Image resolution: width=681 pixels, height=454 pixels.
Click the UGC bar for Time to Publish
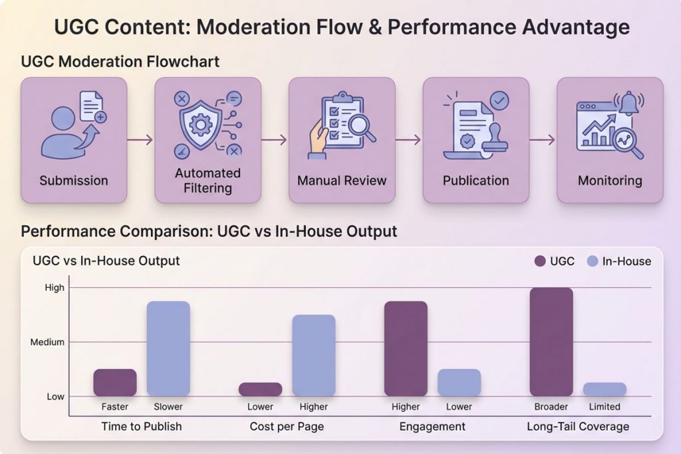point(114,383)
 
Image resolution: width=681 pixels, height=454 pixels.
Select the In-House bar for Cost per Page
point(314,356)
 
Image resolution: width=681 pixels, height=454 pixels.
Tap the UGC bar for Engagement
point(406,349)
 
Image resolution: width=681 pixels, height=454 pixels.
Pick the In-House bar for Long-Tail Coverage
point(605,390)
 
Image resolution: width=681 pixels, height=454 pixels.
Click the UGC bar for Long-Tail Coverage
point(551,342)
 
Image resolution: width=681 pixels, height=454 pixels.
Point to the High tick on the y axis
point(55,288)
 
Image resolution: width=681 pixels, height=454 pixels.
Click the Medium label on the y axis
point(47,342)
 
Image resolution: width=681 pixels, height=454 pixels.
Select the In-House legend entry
point(619,261)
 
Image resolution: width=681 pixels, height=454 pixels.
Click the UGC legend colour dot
point(540,261)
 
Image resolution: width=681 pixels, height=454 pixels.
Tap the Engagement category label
point(432,426)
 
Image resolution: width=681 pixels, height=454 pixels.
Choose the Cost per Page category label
point(287,426)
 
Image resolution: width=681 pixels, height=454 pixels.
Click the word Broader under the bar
point(551,407)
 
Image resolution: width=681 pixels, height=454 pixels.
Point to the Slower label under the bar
point(168,407)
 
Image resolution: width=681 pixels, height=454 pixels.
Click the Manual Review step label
point(342,180)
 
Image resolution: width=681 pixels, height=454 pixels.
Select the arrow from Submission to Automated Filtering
point(140,140)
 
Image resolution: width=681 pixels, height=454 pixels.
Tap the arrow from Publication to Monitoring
point(543,140)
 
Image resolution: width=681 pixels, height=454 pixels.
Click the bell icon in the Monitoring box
point(628,103)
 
